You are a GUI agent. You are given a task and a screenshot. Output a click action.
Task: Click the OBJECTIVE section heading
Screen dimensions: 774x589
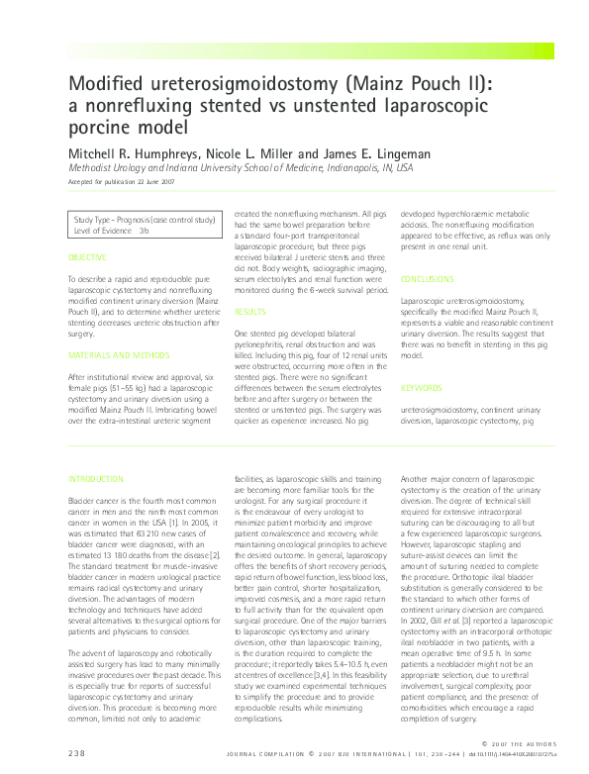[x=88, y=257]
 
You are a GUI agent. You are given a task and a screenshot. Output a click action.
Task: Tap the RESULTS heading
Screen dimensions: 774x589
[x=249, y=311]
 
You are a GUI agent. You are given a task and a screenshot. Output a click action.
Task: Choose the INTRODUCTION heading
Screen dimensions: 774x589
[x=97, y=479]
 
